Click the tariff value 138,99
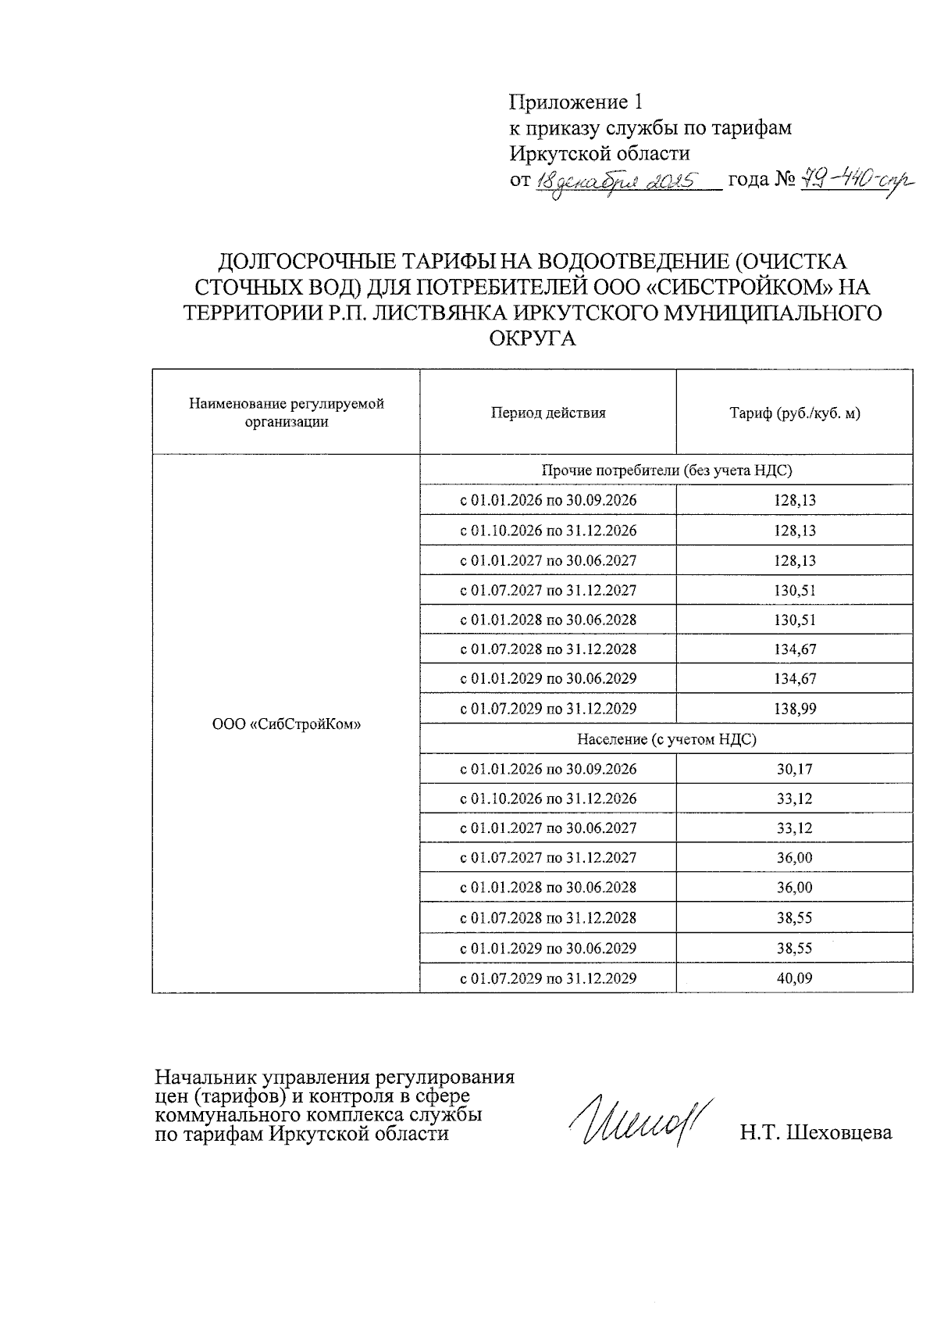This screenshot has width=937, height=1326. click(794, 709)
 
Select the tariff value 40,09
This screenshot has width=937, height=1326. click(794, 978)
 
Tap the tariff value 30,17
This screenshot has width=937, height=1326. click(794, 769)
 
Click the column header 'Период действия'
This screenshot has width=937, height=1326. click(547, 413)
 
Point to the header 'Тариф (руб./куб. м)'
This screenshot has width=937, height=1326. click(794, 413)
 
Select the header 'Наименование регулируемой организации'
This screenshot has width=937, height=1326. click(286, 413)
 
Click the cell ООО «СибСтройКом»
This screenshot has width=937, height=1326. click(286, 724)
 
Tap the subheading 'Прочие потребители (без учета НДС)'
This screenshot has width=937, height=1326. click(666, 470)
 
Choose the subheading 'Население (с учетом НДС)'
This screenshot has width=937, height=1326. click(666, 738)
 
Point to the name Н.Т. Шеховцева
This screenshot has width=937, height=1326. click(816, 1132)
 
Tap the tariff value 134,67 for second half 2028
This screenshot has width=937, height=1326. click(794, 649)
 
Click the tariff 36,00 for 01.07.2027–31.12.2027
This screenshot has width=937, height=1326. click(794, 857)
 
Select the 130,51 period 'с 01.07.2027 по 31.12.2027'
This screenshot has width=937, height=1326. click(547, 590)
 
